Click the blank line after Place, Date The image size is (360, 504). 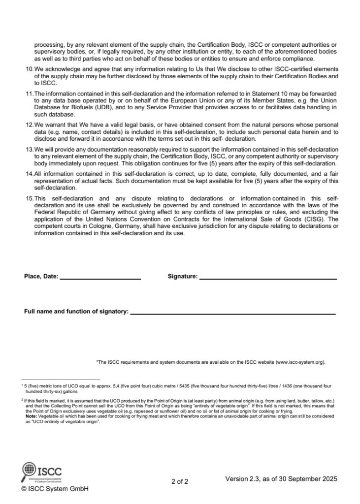(99, 279)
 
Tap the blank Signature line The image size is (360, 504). (267, 279)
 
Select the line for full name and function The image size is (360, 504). (232, 313)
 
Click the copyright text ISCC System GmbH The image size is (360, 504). (55, 489)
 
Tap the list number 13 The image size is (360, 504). (29, 148)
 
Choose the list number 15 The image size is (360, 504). (29, 198)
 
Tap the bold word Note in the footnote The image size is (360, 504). (31, 415)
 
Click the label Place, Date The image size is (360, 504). (41, 277)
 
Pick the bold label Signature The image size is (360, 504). (182, 277)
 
